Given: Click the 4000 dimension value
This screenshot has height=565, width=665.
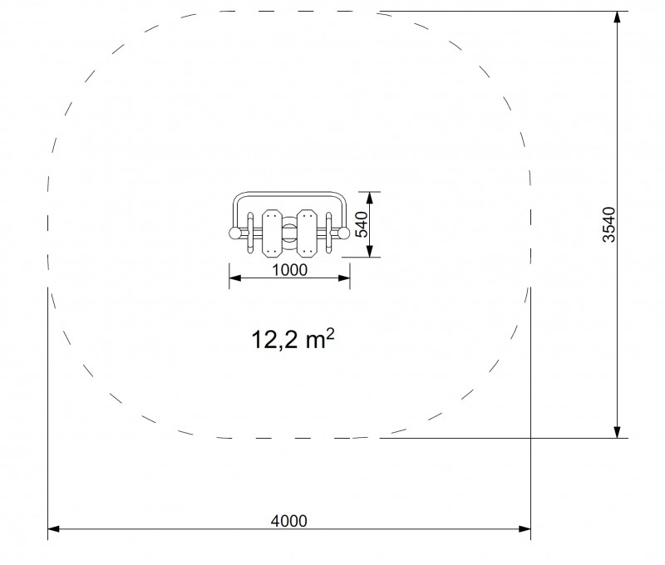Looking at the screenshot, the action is (288, 520).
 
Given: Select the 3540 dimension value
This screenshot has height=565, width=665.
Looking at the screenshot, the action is (609, 224).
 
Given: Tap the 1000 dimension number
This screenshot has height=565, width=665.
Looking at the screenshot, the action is (289, 270).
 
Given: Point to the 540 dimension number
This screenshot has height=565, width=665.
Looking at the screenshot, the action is (361, 224).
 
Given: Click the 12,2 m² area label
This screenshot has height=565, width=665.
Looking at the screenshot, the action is (293, 340).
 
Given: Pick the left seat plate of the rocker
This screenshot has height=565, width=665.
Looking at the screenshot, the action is (270, 233).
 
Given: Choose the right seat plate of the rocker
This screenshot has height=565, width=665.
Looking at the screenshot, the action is (306, 233).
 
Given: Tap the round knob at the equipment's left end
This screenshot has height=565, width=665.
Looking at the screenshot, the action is (234, 233).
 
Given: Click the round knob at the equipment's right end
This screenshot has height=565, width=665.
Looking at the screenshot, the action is (343, 233).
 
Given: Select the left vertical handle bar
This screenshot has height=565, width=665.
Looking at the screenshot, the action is (250, 233).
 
